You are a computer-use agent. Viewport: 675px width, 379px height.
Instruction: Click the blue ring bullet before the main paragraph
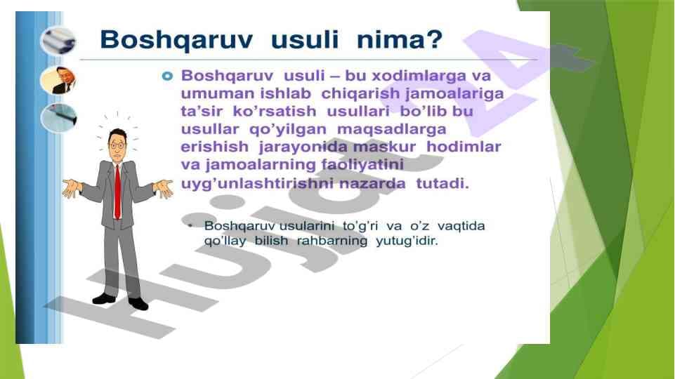(x=167, y=75)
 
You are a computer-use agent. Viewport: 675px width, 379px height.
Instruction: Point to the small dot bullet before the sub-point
(x=191, y=226)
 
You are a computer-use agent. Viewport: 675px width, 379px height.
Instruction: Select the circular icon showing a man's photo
(x=58, y=79)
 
